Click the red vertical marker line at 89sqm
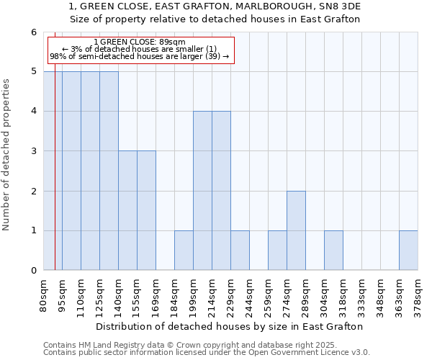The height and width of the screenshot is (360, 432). point(55,180)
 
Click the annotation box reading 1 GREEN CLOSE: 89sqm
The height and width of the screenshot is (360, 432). point(141,50)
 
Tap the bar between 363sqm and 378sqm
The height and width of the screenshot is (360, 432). point(408,251)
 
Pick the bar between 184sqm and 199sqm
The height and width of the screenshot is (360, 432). point(184,251)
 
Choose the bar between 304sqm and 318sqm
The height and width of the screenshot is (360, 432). point(333,251)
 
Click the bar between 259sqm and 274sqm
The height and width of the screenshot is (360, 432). point(277,251)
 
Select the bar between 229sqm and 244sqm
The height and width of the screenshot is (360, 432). point(240,251)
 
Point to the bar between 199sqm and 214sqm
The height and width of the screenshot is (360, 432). point(202,191)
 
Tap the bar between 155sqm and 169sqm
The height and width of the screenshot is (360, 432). point(146,210)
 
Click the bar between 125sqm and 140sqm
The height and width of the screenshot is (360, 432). point(109,171)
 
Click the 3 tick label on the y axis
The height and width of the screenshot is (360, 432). point(33,151)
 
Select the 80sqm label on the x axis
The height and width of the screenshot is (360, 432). point(44,295)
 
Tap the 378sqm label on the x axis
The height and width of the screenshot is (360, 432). point(418,295)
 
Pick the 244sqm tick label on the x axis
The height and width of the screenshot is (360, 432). point(250,295)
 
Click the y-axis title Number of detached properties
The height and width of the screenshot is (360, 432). point(7,155)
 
